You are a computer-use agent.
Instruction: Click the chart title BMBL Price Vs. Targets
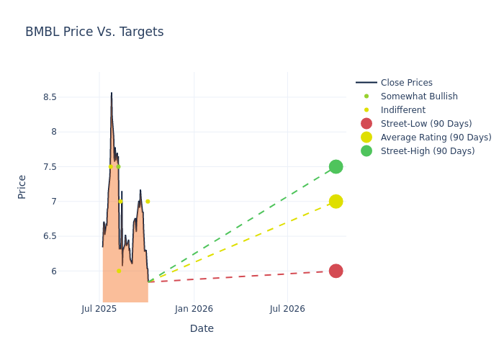point(94,32)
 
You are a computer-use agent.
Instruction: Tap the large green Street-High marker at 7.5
point(336,166)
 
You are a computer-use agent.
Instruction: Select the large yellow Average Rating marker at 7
point(336,202)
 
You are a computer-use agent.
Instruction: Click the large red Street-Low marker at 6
point(336,271)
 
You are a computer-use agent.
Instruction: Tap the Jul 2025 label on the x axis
point(99,309)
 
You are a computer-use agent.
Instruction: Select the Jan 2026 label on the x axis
point(194,309)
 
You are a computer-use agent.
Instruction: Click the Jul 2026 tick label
point(287,309)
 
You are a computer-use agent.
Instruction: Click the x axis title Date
point(202,328)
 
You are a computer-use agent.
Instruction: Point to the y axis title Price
point(22,186)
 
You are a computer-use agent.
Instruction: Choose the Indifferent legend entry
point(402,110)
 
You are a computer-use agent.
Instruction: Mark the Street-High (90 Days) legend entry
point(428,151)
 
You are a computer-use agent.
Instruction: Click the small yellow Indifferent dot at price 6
point(119,271)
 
